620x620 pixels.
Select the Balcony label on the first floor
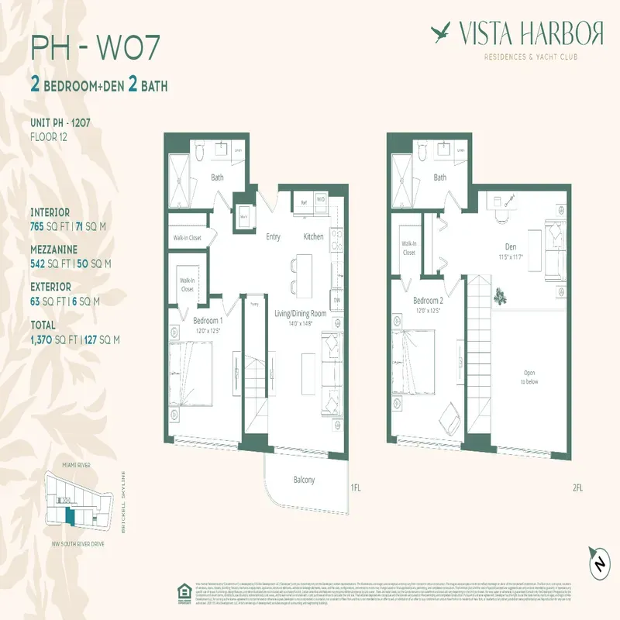point(304,480)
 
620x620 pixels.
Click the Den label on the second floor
point(510,248)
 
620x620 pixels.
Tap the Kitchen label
point(313,236)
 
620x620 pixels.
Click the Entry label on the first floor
point(273,236)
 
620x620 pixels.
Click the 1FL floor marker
point(356,488)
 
